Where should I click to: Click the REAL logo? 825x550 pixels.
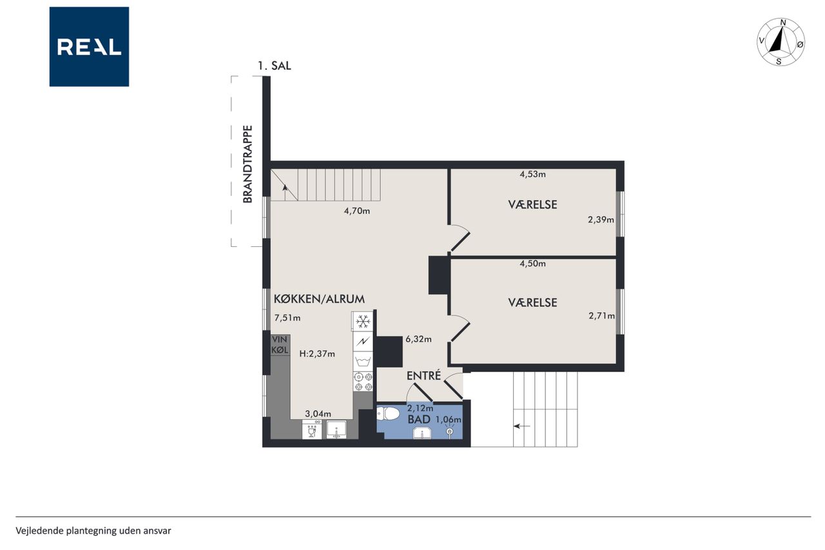(89, 47)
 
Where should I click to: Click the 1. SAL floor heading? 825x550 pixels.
(275, 66)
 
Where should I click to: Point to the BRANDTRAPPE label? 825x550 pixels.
(248, 164)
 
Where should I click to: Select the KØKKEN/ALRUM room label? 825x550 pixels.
(319, 299)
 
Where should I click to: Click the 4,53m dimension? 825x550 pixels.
(532, 174)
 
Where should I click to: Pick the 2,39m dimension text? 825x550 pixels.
(601, 220)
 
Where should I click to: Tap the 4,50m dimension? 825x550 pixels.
(532, 264)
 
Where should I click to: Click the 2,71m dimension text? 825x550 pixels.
(601, 316)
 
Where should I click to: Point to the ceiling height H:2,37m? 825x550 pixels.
(317, 354)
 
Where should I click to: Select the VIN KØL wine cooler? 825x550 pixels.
(280, 345)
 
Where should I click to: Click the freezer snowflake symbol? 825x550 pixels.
(363, 321)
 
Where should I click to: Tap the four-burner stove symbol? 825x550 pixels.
(363, 382)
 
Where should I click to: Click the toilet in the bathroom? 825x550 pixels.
(388, 413)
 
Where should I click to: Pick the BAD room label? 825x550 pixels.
(419, 419)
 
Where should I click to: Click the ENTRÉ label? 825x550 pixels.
(423, 376)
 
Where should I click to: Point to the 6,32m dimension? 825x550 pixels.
(418, 339)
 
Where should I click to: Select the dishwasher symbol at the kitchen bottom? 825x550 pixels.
(311, 429)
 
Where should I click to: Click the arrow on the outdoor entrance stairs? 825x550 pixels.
(522, 426)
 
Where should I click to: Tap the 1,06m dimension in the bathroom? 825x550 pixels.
(448, 420)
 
